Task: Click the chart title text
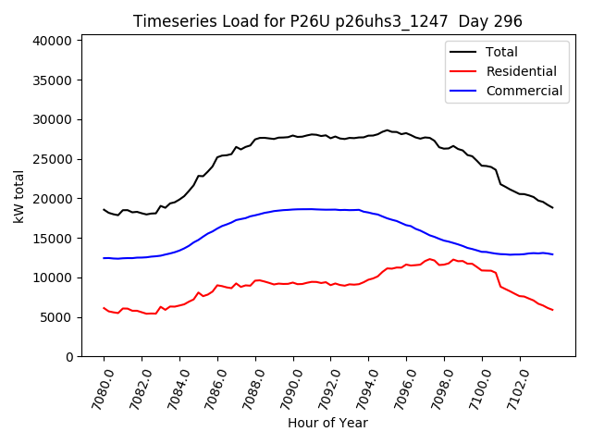pos(327,21)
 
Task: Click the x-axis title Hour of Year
pos(327,423)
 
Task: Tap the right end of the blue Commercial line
pos(552,253)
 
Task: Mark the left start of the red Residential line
pos(104,308)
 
